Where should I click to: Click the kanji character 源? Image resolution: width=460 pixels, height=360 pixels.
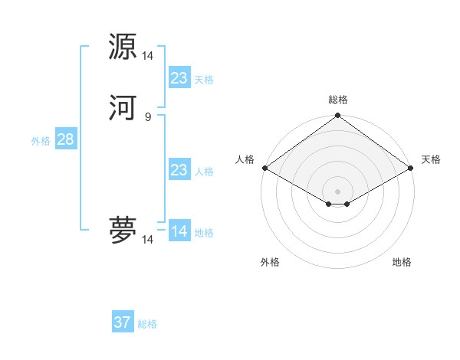click(123, 47)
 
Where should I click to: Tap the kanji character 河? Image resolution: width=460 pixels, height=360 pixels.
click(123, 108)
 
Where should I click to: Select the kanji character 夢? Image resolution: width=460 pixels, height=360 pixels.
click(123, 230)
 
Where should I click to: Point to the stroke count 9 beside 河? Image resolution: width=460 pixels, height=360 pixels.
click(148, 116)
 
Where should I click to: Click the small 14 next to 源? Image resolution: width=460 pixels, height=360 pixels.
click(148, 56)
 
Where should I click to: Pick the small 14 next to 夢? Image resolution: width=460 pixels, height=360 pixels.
click(148, 240)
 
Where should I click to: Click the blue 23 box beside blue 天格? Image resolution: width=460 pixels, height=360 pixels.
click(179, 78)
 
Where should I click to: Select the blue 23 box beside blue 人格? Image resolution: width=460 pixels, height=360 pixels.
click(179, 170)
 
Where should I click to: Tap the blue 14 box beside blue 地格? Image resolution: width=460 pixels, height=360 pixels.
click(179, 231)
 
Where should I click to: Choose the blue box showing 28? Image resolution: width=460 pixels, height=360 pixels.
click(65, 139)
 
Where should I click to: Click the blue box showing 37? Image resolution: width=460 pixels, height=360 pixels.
click(123, 322)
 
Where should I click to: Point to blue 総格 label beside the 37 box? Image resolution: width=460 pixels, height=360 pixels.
click(147, 324)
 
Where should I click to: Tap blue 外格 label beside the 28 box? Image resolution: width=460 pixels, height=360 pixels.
click(41, 141)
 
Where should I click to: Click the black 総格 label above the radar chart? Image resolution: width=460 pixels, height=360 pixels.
click(338, 100)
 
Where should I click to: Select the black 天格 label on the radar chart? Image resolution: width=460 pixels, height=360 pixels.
click(431, 159)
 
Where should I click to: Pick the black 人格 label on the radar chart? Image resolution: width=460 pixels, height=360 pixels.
click(245, 159)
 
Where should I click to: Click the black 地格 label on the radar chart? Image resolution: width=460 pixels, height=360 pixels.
click(402, 263)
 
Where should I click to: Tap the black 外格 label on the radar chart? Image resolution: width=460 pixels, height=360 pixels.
click(270, 263)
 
